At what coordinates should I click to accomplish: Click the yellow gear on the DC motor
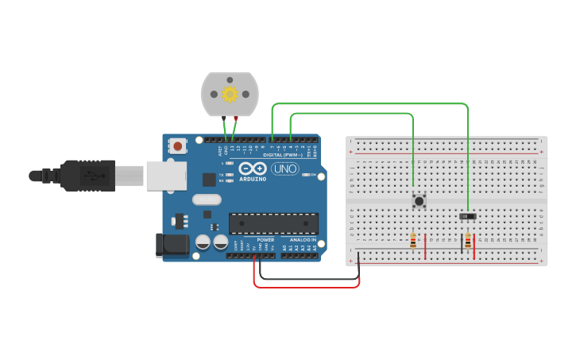(x=230, y=95)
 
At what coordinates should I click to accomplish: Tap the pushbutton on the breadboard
(x=418, y=201)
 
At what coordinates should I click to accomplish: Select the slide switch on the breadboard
(x=468, y=216)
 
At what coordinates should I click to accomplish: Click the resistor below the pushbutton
(x=413, y=241)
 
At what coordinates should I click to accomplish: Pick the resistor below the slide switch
(x=468, y=241)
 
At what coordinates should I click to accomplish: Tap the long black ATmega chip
(x=273, y=223)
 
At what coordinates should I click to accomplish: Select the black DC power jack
(x=172, y=246)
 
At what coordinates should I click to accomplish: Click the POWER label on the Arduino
(x=265, y=239)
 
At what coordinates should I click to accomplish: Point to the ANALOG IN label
(x=302, y=239)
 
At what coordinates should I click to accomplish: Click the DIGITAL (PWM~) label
(x=281, y=155)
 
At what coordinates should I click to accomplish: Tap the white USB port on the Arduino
(x=166, y=176)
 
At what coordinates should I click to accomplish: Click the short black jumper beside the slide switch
(x=462, y=243)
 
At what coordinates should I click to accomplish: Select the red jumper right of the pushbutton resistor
(x=426, y=246)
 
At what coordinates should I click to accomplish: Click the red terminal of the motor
(x=236, y=118)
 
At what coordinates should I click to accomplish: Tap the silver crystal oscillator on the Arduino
(x=206, y=200)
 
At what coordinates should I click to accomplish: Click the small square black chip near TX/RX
(x=209, y=180)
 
